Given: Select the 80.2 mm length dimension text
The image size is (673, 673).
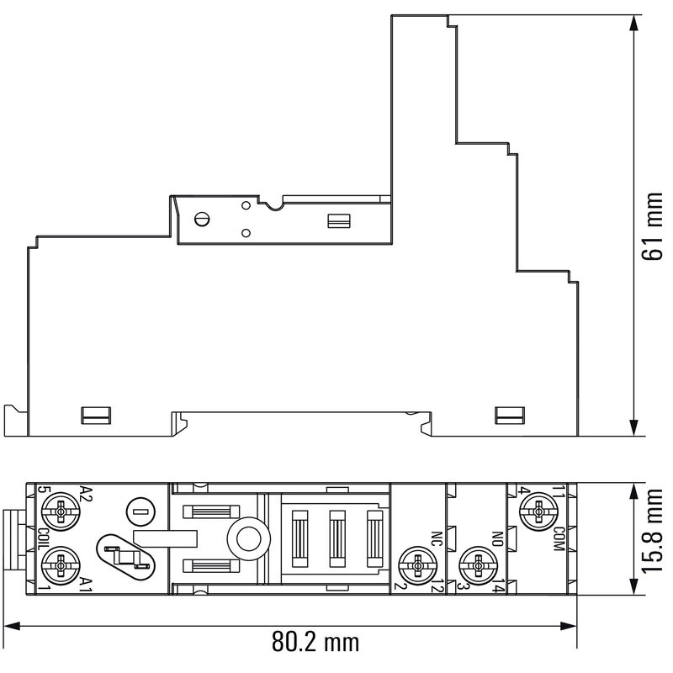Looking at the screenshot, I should click(315, 644).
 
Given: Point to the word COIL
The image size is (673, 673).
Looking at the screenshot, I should click(42, 538).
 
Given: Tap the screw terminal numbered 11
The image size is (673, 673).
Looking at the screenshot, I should click(536, 510).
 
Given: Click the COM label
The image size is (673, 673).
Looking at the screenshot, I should click(559, 538).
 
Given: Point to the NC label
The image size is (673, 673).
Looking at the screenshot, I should click(436, 538).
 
